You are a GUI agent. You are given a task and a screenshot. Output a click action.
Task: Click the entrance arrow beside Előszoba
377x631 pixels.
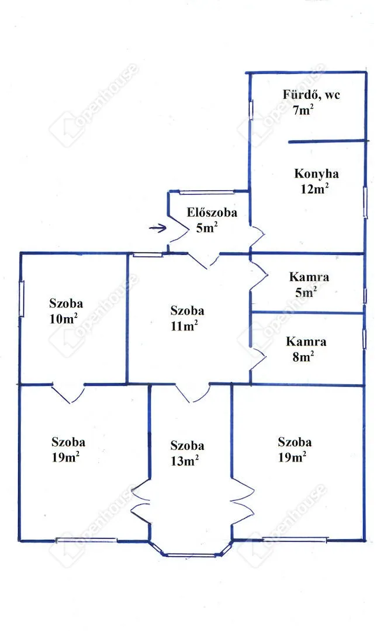pyautogui.click(x=157, y=228)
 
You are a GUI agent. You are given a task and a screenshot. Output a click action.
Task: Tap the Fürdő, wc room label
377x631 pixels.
pyautogui.click(x=311, y=95)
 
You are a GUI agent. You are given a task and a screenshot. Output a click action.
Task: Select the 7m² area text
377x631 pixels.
pyautogui.click(x=303, y=110)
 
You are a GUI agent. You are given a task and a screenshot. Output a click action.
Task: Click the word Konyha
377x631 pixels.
pyautogui.click(x=316, y=174)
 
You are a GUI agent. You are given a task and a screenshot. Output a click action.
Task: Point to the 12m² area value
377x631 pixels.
pyautogui.click(x=314, y=188)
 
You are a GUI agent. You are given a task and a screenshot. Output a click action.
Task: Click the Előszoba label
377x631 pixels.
pyautogui.click(x=212, y=212)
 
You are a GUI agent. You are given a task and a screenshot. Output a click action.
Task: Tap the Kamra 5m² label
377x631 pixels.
pyautogui.click(x=309, y=284)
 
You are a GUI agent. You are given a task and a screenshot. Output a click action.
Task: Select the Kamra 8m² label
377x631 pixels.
pyautogui.click(x=306, y=349)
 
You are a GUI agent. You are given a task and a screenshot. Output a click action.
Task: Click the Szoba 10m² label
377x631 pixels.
pyautogui.click(x=65, y=311)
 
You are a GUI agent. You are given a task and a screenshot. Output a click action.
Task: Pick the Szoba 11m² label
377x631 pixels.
pyautogui.click(x=186, y=318)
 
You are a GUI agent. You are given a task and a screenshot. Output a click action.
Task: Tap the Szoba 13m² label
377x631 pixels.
pyautogui.click(x=186, y=453)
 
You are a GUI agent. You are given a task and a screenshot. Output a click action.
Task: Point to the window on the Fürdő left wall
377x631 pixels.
pyautogui.click(x=251, y=109)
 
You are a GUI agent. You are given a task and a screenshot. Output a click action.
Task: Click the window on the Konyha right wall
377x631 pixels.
pyautogui.click(x=365, y=202)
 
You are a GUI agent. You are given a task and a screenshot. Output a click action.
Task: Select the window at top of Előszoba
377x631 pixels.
pyautogui.click(x=206, y=192)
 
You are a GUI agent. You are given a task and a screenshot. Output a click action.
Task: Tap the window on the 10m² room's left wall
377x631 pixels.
pyautogui.click(x=22, y=299)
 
